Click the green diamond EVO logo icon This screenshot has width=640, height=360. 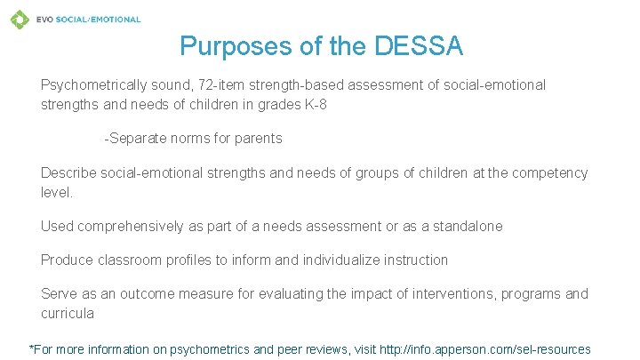coord(19,19)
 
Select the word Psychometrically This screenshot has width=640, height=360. coord(94,85)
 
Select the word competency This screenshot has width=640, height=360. coord(551,172)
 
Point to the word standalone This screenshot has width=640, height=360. coord(468,226)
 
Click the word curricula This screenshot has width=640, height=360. coord(68,313)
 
